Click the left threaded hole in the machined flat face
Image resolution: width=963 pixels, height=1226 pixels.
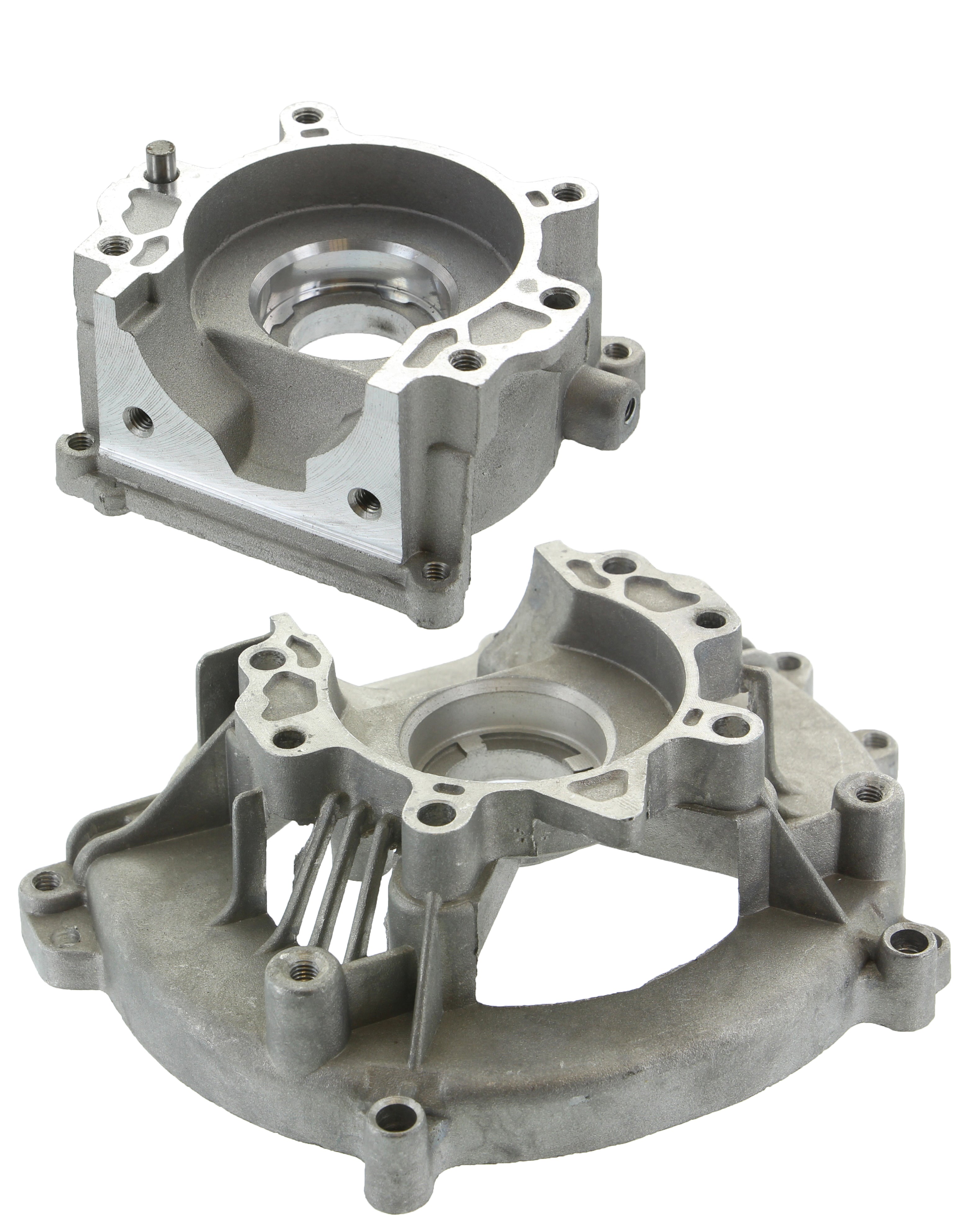click(x=137, y=421)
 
